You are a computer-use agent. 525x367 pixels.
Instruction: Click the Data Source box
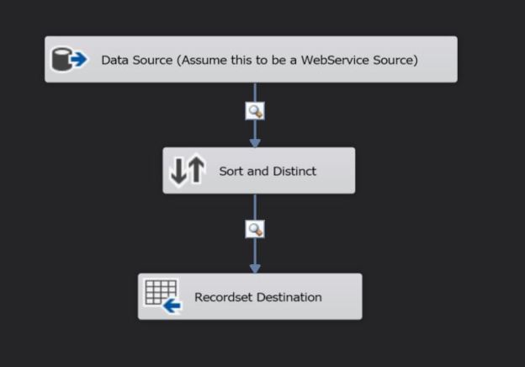pos(251,60)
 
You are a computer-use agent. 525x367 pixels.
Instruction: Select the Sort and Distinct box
pos(258,171)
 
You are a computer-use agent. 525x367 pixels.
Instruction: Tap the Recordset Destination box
pos(250,296)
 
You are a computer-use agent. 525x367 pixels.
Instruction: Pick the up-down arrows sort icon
pos(187,171)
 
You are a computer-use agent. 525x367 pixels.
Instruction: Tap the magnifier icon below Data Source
pos(255,111)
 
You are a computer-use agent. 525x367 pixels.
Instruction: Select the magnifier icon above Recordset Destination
pos(255,229)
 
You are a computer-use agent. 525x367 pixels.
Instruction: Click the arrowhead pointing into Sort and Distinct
pos(255,141)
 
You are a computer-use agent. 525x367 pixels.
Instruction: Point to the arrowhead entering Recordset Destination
pos(255,268)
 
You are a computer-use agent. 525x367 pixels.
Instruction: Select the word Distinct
pos(294,171)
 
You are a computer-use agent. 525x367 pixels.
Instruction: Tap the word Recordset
pos(222,297)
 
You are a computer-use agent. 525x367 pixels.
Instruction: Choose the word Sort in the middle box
pos(231,171)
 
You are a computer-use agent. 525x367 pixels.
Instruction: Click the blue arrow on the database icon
pos(79,61)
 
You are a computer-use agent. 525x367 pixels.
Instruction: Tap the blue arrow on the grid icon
pos(172,306)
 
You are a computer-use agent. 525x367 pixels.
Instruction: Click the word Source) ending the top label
pos(395,60)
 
